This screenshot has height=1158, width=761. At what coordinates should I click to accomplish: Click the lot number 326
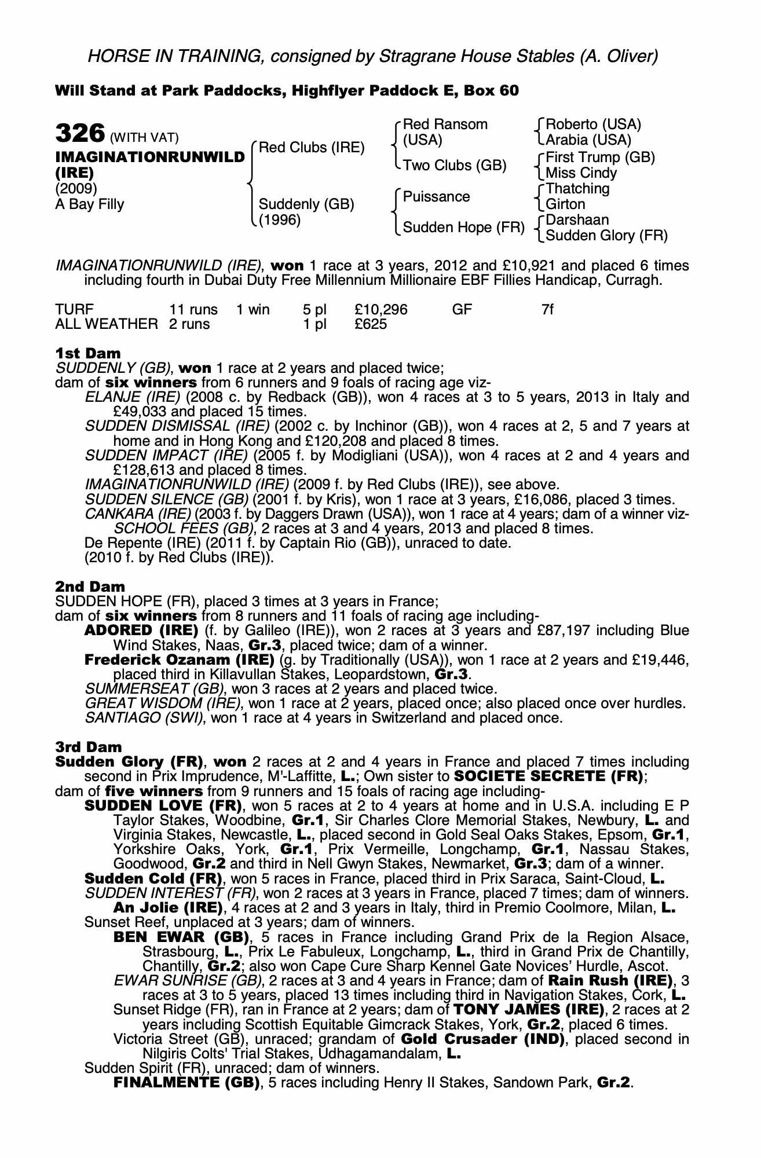pyautogui.click(x=79, y=134)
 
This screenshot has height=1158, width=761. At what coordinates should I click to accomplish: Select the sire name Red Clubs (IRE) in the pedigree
pyautogui.click(x=311, y=148)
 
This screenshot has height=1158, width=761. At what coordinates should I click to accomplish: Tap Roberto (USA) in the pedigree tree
pyautogui.click(x=593, y=124)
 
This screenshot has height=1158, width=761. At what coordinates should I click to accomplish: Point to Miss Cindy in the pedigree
pyautogui.click(x=581, y=173)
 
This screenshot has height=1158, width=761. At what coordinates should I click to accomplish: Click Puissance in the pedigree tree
pyautogui.click(x=436, y=197)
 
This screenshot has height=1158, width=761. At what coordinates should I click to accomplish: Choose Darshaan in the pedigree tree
pyautogui.click(x=577, y=220)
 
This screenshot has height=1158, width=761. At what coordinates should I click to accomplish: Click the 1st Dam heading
pyautogui.click(x=88, y=353)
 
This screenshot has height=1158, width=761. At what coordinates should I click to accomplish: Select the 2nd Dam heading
pyautogui.click(x=90, y=587)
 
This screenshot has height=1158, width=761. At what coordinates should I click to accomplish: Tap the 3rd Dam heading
pyautogui.click(x=89, y=747)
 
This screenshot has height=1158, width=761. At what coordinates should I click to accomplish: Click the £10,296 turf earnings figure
pyautogui.click(x=381, y=310)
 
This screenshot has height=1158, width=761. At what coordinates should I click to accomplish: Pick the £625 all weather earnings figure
pyautogui.click(x=371, y=324)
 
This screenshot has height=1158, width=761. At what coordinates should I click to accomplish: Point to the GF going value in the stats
pyautogui.click(x=462, y=310)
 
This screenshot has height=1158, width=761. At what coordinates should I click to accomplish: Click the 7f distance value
pyautogui.click(x=547, y=310)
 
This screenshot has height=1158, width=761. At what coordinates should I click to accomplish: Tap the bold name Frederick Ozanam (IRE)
pyautogui.click(x=179, y=660)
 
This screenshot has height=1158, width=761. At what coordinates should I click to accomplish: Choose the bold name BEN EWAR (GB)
pyautogui.click(x=181, y=937)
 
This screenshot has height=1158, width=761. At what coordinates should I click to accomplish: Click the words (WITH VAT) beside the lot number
pyautogui.click(x=144, y=138)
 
